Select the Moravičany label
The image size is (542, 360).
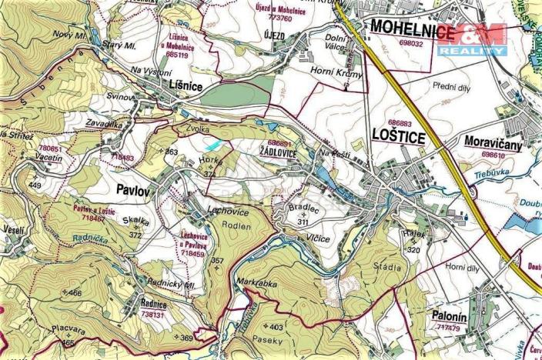click(x=493, y=142)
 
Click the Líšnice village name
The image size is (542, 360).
click(x=185, y=87)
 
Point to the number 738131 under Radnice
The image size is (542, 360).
click(x=153, y=315)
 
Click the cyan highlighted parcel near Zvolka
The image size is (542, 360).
click(x=215, y=145)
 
